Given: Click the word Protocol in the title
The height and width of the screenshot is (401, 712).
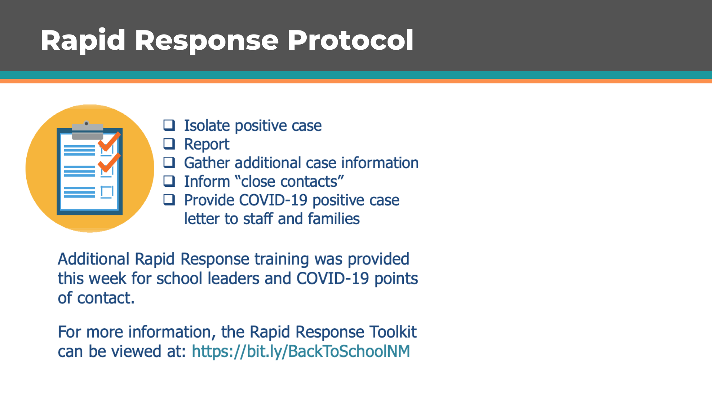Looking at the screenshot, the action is (350, 40).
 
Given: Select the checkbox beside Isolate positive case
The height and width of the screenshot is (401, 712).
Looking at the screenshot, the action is (169, 125).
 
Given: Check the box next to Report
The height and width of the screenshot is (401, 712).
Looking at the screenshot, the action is (169, 144).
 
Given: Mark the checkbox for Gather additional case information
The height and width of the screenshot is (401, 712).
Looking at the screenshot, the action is (169, 162).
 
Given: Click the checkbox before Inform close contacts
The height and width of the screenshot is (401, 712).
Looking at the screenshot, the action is (169, 181).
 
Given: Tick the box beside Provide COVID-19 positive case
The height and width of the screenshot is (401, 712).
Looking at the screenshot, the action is (169, 200).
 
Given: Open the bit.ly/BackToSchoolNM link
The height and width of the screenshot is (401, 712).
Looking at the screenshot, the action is (301, 351).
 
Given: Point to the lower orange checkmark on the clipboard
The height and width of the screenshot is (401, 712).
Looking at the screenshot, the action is (109, 163).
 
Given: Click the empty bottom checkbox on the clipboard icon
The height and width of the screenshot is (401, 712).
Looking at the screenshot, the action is (107, 192).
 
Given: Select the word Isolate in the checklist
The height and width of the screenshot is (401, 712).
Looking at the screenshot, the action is (207, 125).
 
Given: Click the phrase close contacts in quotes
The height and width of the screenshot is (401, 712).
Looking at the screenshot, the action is (290, 182).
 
